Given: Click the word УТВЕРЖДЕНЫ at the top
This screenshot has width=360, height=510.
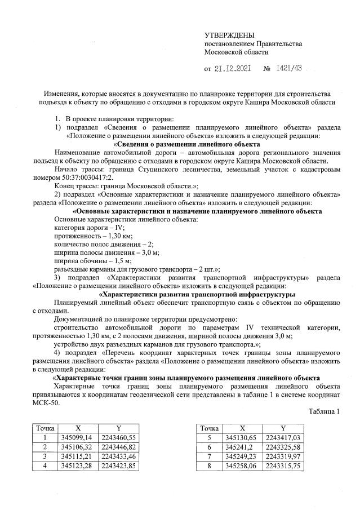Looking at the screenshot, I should click(229, 36).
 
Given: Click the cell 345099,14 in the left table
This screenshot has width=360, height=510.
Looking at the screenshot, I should click(75, 437).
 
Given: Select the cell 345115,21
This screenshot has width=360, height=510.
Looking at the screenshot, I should click(75, 455).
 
